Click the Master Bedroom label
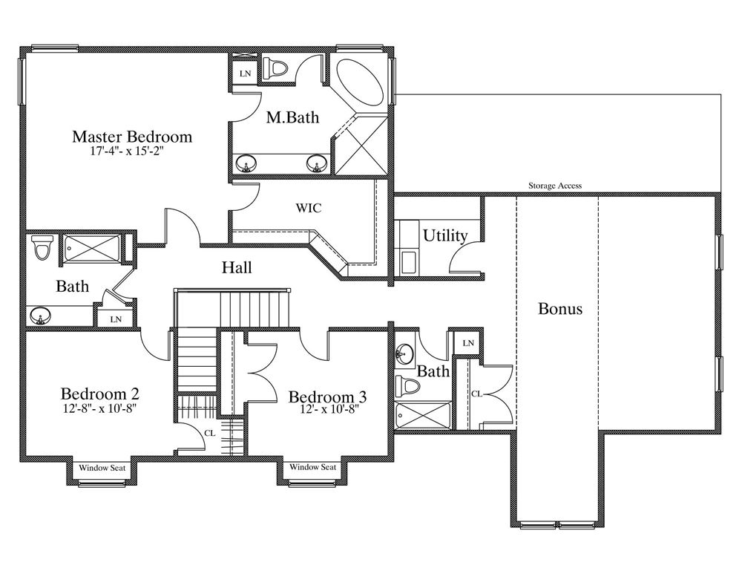pyautogui.click(x=132, y=137)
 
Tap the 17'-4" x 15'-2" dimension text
pyautogui.click(x=129, y=151)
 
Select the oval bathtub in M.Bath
pyautogui.click(x=360, y=83)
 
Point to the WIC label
pyautogui.click(x=309, y=208)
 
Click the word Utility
pyautogui.click(x=444, y=235)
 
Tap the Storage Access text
pyautogui.click(x=555, y=186)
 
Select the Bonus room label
pyautogui.click(x=560, y=309)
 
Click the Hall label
pyautogui.click(x=237, y=267)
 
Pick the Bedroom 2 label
pyautogui.click(x=100, y=394)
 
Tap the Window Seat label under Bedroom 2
pyautogui.click(x=102, y=468)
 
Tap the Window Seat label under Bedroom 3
pyautogui.click(x=313, y=467)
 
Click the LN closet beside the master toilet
pyautogui.click(x=245, y=74)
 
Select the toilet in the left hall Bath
pyautogui.click(x=42, y=247)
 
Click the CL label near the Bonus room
pyautogui.click(x=476, y=393)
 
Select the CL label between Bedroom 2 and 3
pyautogui.click(x=210, y=433)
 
